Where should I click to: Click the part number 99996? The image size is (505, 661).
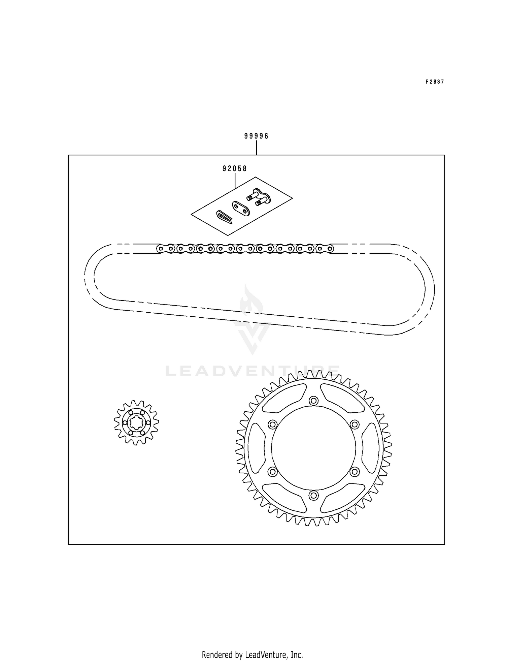point(256,136)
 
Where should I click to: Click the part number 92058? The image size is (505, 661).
point(234,168)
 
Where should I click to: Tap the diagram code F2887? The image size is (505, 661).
point(435,82)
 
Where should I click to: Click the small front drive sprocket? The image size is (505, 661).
point(136,422)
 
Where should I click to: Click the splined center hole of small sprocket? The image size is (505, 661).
point(136,422)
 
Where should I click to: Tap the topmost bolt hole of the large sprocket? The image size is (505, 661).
point(314,401)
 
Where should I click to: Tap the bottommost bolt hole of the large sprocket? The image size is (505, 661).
point(314,495)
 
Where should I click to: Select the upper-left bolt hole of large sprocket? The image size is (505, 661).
point(272,424)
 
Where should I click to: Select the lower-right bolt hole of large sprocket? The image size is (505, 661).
point(354,472)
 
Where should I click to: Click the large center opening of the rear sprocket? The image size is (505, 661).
point(313,448)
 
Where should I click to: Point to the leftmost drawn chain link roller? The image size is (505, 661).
point(161,249)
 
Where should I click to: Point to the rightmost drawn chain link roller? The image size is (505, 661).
point(330,249)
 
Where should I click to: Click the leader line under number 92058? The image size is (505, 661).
point(235,180)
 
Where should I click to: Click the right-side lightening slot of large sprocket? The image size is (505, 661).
point(370,448)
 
